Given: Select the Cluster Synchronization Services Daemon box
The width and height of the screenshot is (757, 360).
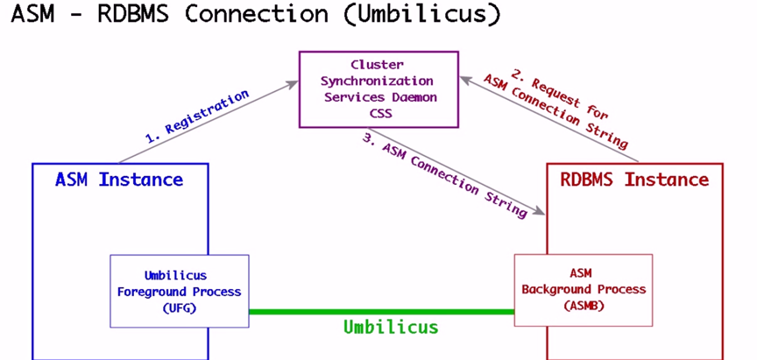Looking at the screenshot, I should pos(378,88).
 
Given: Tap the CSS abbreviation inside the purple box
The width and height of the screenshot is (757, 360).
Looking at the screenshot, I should pos(378,112).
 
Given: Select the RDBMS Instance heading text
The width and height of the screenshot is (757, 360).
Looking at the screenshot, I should pos(633,180).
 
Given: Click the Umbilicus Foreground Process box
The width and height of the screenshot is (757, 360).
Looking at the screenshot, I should pos(180,291).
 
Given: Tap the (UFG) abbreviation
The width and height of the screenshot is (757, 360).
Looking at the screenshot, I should pos(180,307).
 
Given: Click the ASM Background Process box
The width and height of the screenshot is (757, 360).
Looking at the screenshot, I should pos(583,289).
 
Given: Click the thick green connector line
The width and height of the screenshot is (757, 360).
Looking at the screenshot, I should pos(381,311).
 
